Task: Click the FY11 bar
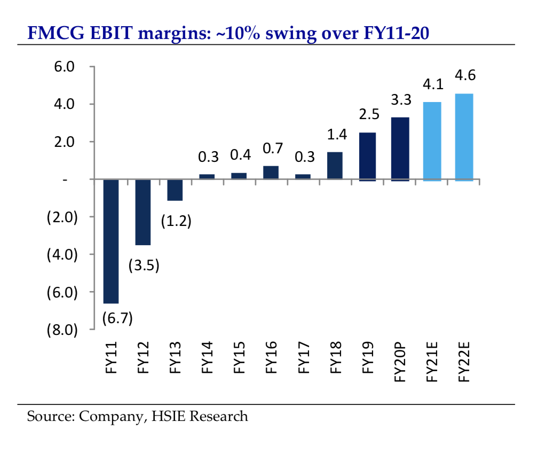click(111, 241)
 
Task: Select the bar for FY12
click(143, 212)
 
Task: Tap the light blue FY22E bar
click(463, 137)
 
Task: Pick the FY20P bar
click(399, 149)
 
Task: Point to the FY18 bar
click(335, 166)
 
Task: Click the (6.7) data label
click(116, 318)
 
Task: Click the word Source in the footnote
click(49, 416)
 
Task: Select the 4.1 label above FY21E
click(431, 84)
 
